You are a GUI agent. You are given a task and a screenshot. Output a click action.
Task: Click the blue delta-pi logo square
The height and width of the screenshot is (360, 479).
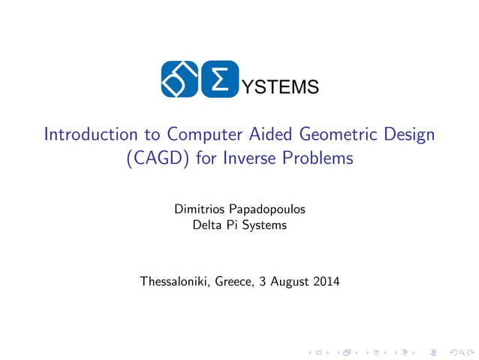tap(179, 79)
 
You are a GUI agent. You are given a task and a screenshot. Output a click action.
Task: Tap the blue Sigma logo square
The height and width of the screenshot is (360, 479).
tap(219, 79)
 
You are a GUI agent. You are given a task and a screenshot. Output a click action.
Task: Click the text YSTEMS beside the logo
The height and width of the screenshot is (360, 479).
tap(278, 89)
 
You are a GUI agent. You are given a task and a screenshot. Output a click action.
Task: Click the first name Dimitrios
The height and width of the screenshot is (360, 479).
tap(198, 209)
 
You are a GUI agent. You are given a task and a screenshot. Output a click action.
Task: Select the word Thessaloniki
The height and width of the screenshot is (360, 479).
tap(174, 283)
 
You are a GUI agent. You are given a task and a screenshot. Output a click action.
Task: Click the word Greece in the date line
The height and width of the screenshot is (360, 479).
tap(235, 283)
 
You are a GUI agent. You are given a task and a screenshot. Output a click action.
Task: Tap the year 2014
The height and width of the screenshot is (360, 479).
tap(326, 283)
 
